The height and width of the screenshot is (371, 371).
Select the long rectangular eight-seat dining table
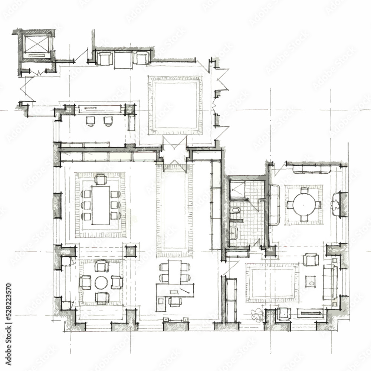(101, 205)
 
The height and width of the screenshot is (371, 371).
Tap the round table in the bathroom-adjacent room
(303, 204)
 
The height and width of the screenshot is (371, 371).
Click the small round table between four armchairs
(101, 282)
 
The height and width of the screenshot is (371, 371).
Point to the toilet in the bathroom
(236, 211)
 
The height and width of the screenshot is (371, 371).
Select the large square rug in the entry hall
(175, 105)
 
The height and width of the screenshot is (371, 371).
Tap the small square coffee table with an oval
(311, 282)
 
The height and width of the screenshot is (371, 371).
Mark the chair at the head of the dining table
(101, 180)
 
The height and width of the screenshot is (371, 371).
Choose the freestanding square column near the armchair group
(130, 251)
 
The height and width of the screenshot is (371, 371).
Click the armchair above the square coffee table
(311, 259)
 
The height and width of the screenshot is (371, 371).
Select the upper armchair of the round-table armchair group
(101, 266)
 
